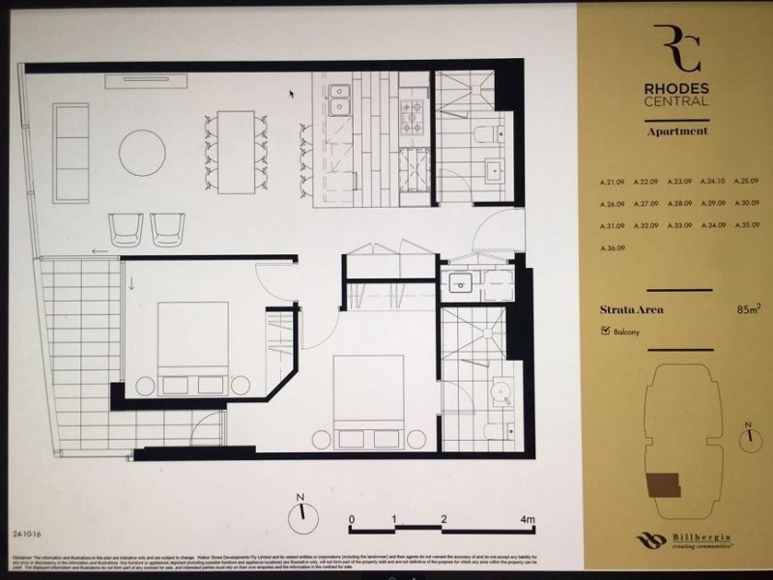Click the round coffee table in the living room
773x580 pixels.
[x=143, y=153]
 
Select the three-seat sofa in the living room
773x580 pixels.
[x=71, y=152]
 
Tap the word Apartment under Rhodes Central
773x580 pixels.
[x=676, y=130]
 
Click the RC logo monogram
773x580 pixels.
[x=676, y=48]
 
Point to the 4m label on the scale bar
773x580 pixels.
[x=528, y=520]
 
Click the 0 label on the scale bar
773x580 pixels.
[x=352, y=520]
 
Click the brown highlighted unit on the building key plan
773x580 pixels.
[x=666, y=483]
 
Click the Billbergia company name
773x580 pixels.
[x=697, y=537]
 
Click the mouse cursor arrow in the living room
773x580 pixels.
[x=292, y=94]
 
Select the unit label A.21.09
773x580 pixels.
[x=614, y=181]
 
